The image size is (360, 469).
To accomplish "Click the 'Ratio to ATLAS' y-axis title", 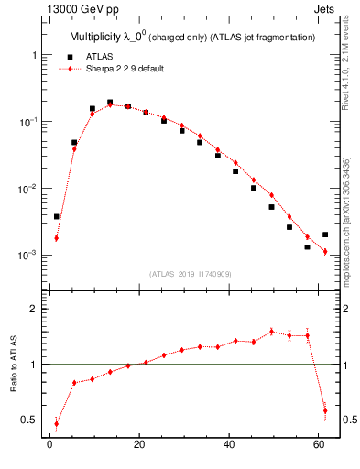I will click(15, 365).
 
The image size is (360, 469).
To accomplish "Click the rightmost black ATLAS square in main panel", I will click(325, 234).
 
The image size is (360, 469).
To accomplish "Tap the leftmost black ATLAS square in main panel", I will click(57, 217).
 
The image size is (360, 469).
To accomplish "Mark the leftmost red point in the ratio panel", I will click(57, 423).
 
